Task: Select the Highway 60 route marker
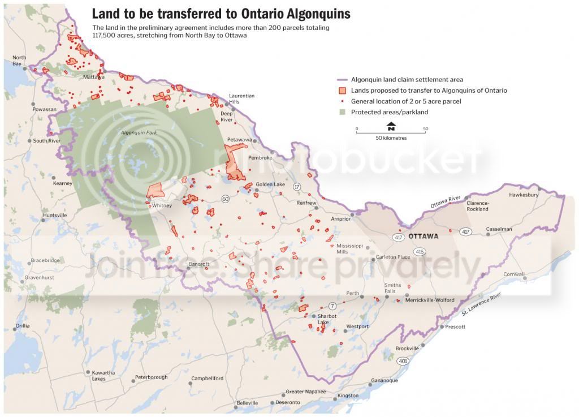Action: tap(226, 199)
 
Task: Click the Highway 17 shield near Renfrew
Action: tap(297, 186)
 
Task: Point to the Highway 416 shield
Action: tap(419, 251)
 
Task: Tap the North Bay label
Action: tap(19, 61)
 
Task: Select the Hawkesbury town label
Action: tap(524, 195)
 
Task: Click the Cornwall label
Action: tap(515, 274)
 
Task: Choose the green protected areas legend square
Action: tap(342, 112)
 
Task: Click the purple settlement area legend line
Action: tap(342, 80)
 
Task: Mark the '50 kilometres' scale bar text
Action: tap(391, 138)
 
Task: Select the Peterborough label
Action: tap(151, 377)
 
